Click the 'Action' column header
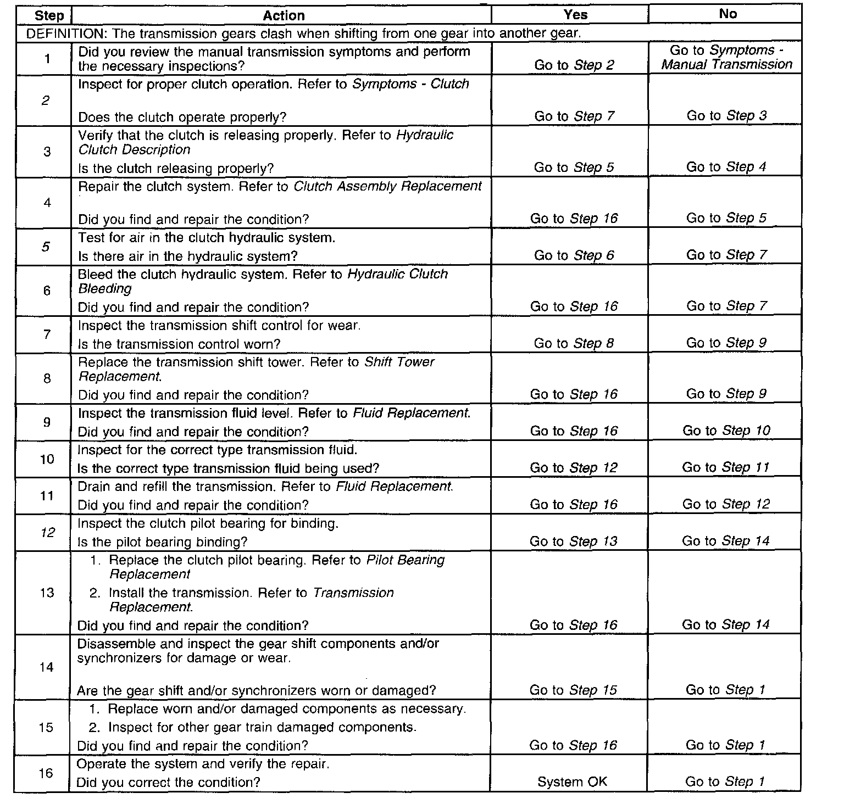click(284, 15)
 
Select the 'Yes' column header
click(575, 15)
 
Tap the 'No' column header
click(728, 14)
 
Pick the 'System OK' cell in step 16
click(572, 782)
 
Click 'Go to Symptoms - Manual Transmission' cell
click(726, 58)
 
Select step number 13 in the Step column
click(47, 593)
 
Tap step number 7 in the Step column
click(47, 334)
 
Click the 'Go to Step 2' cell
click(574, 65)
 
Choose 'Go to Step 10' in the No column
click(726, 431)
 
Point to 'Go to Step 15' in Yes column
click(573, 690)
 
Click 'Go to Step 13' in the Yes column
click(573, 542)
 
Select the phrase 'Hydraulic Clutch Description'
click(265, 142)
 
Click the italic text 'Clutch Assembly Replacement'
click(388, 187)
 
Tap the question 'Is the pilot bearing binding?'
click(163, 543)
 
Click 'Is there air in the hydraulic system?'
click(188, 256)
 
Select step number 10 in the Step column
click(47, 459)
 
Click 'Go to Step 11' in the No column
click(726, 467)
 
